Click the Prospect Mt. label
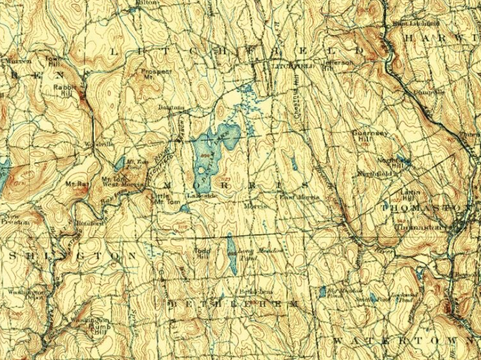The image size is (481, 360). click(157, 74)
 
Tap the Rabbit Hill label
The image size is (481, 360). click(63, 89)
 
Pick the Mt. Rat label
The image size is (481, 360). click(79, 184)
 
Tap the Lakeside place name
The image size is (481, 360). click(197, 195)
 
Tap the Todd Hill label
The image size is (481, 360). click(202, 252)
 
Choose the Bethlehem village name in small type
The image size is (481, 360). click(256, 291)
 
